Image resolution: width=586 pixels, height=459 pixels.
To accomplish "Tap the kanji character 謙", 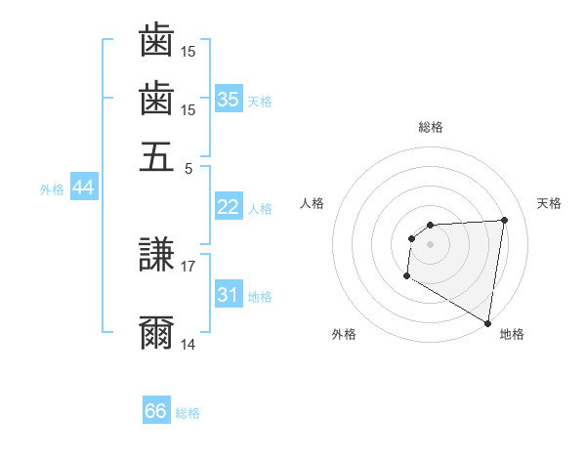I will tap(156, 256).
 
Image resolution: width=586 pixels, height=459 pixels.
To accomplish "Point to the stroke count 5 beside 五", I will tap(189, 167).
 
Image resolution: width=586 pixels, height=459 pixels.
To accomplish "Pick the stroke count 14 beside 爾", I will tap(188, 344).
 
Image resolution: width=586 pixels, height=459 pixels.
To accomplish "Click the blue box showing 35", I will tap(229, 99).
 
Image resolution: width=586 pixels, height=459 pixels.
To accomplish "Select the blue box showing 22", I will tap(229, 207).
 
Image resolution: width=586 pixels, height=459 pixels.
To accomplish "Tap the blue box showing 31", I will tap(229, 295).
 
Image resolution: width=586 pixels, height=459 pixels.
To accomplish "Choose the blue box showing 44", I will tap(83, 188).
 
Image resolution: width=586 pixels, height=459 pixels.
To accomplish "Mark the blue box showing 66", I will tap(156, 411).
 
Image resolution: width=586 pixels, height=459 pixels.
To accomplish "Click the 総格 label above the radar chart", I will tap(431, 127).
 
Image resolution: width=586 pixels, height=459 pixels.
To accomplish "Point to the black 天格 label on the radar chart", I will tap(549, 203).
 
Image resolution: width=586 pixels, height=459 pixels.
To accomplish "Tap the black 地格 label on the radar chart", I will tap(512, 334).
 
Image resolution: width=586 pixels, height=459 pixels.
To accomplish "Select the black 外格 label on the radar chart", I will tap(344, 334).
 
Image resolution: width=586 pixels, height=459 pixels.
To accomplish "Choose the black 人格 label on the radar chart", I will tap(313, 203).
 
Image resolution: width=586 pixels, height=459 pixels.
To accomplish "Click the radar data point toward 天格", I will tap(504, 220).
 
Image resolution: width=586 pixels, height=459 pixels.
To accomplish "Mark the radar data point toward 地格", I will tap(487, 323).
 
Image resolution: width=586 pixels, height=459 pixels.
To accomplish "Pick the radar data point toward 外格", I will tap(406, 276).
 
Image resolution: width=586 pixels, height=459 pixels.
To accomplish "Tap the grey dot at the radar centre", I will tap(431, 244).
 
